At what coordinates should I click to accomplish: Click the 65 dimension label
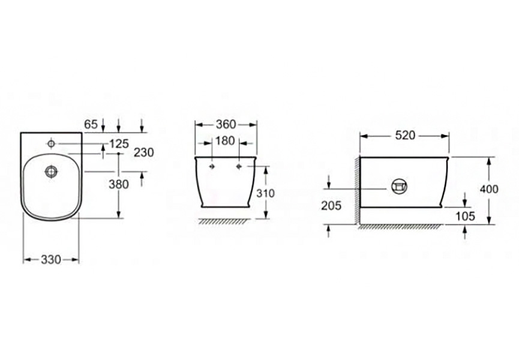tap(91, 124)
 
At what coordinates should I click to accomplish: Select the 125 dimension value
tap(119, 143)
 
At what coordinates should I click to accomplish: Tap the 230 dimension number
tap(144, 152)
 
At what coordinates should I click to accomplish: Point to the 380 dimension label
tap(119, 184)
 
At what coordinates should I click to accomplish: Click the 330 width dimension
tap(51, 259)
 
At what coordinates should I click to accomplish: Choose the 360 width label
tap(226, 124)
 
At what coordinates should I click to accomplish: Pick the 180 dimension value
tap(225, 140)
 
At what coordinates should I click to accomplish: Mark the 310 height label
tap(265, 193)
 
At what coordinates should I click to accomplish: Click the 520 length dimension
tap(405, 136)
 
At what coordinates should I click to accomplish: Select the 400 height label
tap(489, 189)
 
